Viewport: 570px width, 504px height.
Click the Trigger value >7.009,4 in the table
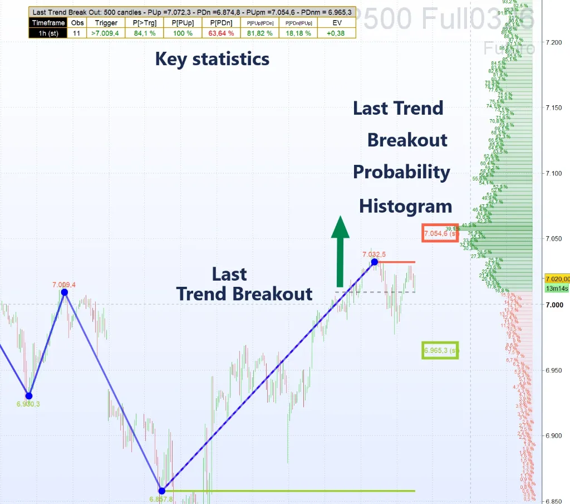point(106,33)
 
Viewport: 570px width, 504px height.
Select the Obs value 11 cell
point(76,33)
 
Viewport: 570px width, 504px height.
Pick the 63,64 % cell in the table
point(222,33)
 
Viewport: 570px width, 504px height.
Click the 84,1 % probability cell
point(145,33)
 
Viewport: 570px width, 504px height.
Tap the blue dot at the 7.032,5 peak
point(375,262)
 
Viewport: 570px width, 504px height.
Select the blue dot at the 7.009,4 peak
point(65,292)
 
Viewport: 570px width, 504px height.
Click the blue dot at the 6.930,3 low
point(30,396)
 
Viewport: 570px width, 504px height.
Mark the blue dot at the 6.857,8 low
point(161,491)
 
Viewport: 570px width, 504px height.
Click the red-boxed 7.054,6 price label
point(440,233)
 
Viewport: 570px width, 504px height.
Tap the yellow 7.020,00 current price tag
point(557,279)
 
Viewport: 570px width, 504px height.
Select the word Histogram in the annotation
point(405,207)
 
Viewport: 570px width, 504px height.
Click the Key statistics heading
point(212,59)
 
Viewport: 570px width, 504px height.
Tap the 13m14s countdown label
point(557,288)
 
